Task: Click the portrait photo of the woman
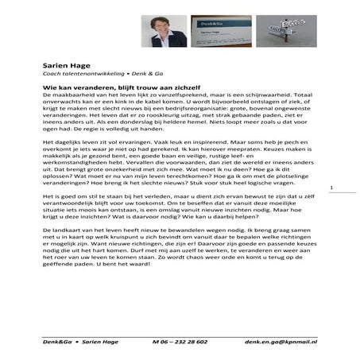tap(164, 32)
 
